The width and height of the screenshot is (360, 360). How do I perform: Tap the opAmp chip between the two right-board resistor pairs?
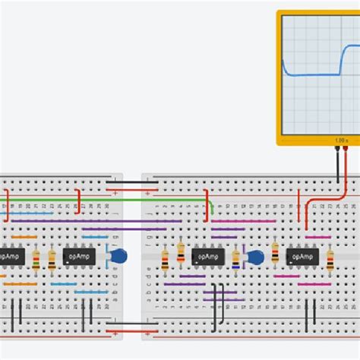click(x=208, y=257)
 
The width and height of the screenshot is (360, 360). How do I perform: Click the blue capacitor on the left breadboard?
click(x=117, y=257)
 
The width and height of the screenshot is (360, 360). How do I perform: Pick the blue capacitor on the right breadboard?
click(x=254, y=258)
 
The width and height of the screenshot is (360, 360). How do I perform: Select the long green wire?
click(x=106, y=201)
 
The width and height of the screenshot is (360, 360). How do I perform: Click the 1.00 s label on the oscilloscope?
click(x=340, y=141)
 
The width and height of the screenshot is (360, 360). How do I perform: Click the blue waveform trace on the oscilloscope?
click(x=315, y=74)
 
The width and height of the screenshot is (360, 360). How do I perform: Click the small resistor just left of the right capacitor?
click(x=235, y=261)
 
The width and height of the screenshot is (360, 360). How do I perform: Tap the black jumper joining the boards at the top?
click(x=132, y=182)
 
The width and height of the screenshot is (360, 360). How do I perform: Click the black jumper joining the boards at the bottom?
click(x=132, y=324)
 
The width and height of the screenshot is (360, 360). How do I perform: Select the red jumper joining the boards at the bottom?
click(x=132, y=332)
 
